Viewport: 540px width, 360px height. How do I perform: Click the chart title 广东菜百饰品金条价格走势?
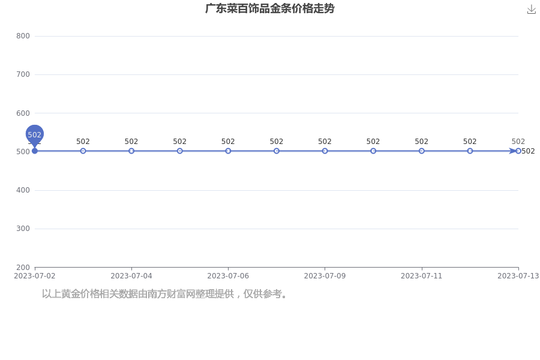[269, 8]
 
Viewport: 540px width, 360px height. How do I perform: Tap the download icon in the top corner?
[532, 10]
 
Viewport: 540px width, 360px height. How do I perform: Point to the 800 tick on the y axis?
[23, 36]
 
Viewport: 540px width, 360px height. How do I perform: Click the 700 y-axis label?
[23, 74]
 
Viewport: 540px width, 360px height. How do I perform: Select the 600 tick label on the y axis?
[23, 113]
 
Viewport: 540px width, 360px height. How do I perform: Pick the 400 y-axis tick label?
[23, 190]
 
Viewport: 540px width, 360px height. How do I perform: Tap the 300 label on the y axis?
[23, 229]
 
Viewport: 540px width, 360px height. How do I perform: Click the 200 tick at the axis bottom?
[23, 268]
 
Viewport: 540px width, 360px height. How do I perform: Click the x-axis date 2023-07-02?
[34, 276]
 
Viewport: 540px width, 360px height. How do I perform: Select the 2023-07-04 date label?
[131, 276]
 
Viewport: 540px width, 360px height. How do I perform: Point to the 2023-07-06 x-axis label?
[228, 276]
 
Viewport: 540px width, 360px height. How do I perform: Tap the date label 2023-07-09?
[325, 276]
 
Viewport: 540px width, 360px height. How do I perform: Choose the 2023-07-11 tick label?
[422, 276]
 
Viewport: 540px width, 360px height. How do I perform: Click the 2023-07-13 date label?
[518, 276]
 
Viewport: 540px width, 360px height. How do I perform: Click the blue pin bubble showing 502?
[34, 134]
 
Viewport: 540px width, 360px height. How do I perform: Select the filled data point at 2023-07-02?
[34, 151]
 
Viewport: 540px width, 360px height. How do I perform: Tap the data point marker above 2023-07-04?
[131, 151]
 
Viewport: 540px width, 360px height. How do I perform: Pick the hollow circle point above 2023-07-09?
[325, 151]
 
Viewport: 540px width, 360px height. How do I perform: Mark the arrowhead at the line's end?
[513, 151]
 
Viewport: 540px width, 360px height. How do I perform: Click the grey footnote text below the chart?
[164, 294]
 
